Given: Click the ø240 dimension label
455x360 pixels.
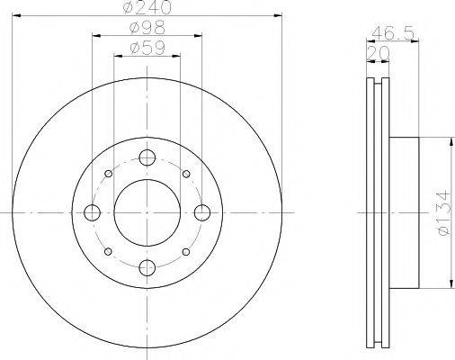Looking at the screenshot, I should click(147, 8).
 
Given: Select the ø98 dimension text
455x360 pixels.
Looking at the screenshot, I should click(147, 29).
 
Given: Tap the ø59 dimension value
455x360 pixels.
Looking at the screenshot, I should click(147, 49).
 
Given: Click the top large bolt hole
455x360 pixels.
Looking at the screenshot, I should click(147, 157).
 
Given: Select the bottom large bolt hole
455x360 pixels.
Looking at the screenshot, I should click(147, 267).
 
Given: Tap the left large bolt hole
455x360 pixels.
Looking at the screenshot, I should click(92, 212).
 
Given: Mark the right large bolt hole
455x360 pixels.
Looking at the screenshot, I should click(202, 212).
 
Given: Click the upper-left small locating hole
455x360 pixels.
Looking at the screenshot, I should click(108, 174).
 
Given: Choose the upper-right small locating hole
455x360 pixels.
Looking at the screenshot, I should click(185, 174).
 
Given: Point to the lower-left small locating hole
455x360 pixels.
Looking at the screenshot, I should click(108, 251).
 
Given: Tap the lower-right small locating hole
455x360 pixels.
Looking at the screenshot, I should click(185, 251).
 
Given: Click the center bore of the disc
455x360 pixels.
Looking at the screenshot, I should click(147, 212).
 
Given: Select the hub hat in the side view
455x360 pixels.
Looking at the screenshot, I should click(405, 212).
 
